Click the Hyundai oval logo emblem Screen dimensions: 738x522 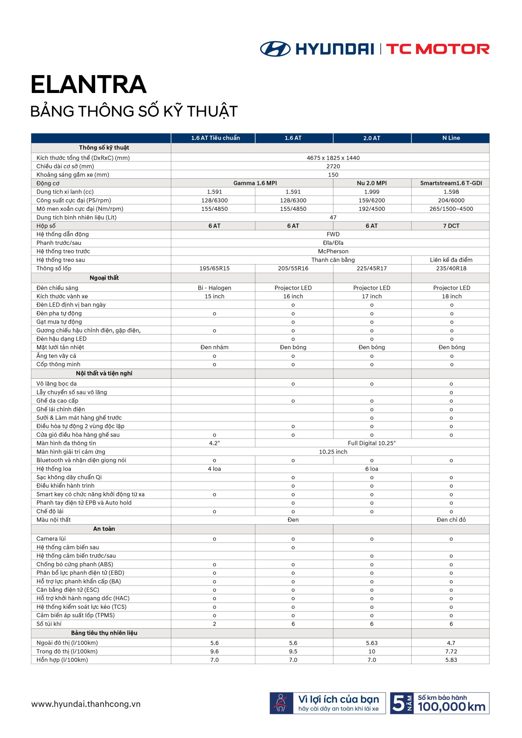point(275,49)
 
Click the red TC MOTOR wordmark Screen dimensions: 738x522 point(438,49)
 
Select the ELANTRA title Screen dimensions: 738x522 point(89,85)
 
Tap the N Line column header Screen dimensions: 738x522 point(451,138)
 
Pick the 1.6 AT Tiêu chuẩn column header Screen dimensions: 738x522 point(215,138)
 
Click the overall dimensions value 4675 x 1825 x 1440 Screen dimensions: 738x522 point(333,158)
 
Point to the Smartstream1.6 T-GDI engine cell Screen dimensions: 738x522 point(451,183)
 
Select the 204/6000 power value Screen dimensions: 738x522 point(451,200)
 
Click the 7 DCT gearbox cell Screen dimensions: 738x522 point(451,226)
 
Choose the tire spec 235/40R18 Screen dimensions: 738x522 point(451,268)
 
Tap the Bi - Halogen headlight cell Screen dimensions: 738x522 point(214,288)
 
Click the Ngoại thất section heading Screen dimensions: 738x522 point(104,278)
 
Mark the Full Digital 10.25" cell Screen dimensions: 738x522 point(372,443)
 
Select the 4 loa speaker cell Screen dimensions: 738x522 point(214,469)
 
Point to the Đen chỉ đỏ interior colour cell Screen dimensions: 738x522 point(451,520)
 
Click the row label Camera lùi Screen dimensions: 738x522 point(51,539)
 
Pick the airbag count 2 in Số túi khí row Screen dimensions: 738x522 point(214,624)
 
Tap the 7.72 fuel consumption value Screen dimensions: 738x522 point(451,652)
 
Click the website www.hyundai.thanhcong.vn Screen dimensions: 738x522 point(86,704)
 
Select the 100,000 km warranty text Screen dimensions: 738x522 point(451,707)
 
